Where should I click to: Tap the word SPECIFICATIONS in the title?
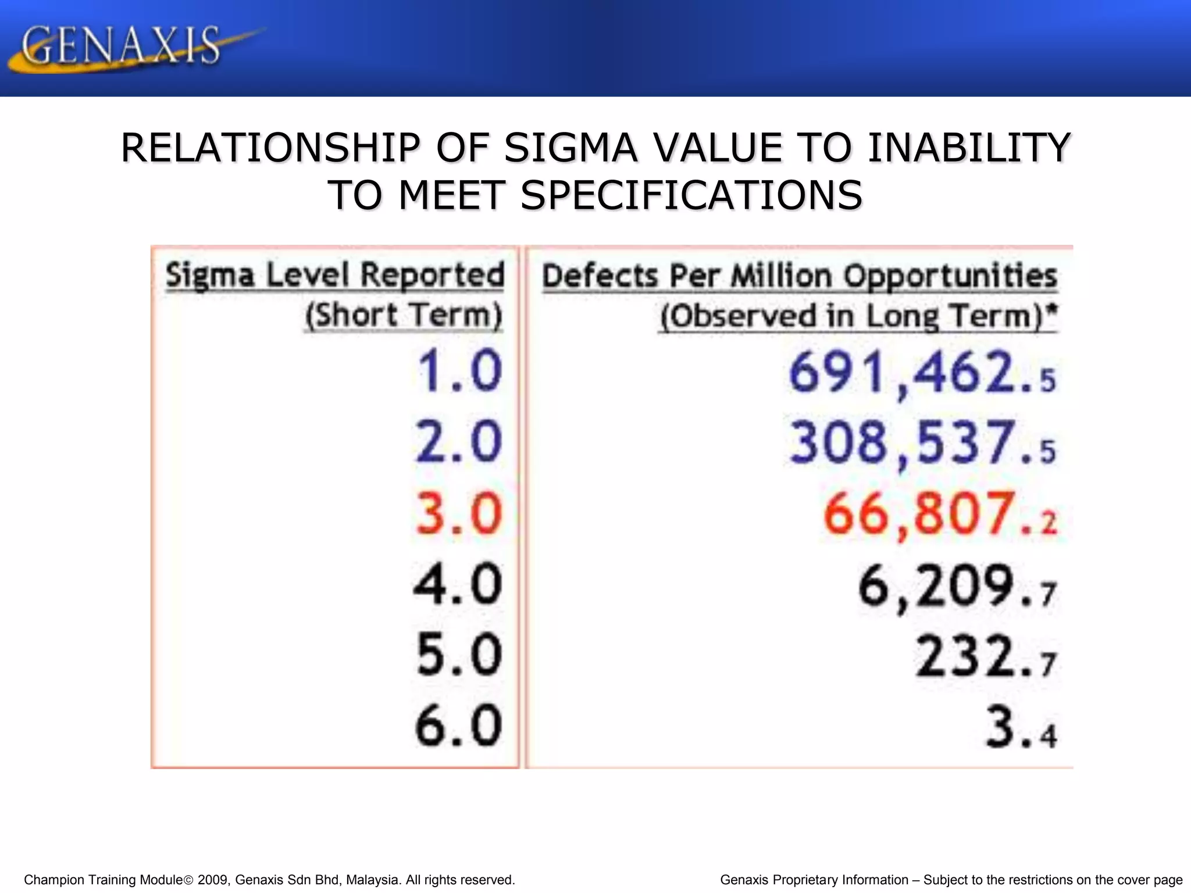click(x=691, y=195)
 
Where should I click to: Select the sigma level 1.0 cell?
click(x=459, y=370)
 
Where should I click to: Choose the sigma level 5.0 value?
click(x=459, y=655)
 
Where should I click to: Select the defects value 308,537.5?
click(x=922, y=444)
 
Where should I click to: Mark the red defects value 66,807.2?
click(x=939, y=515)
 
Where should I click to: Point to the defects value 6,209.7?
click(x=957, y=586)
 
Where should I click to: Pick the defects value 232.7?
click(x=985, y=657)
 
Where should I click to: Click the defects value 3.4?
click(x=1021, y=728)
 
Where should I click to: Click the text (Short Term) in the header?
click(x=404, y=316)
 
